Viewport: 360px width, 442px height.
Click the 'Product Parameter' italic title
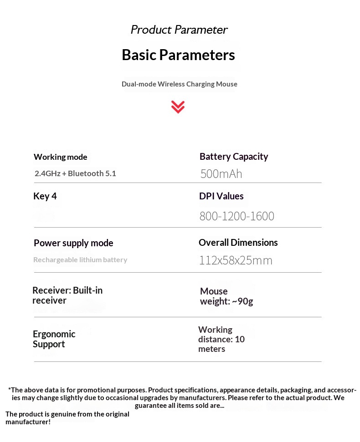click(179, 30)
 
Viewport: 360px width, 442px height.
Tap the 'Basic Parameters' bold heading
click(178, 55)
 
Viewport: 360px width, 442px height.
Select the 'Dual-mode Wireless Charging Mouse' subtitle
click(179, 84)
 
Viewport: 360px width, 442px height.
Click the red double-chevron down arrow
click(178, 107)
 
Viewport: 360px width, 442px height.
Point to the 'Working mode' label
click(60, 157)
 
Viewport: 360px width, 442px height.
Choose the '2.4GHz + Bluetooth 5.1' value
click(75, 173)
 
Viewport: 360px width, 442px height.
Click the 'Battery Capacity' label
click(233, 157)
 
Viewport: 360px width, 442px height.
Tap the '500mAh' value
click(221, 174)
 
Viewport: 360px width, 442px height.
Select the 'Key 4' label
click(45, 196)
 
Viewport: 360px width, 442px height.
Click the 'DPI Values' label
click(221, 196)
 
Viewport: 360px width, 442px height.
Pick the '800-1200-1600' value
click(237, 216)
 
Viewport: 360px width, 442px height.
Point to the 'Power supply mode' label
click(73, 243)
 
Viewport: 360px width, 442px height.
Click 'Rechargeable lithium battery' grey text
click(80, 260)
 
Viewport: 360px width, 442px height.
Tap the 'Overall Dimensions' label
click(238, 243)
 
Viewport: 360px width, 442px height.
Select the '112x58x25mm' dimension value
click(235, 260)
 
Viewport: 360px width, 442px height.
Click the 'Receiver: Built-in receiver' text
click(67, 295)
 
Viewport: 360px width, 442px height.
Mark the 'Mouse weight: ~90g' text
click(226, 296)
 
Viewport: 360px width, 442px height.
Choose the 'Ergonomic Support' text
click(54, 339)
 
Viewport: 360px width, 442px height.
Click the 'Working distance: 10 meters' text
click(221, 339)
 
